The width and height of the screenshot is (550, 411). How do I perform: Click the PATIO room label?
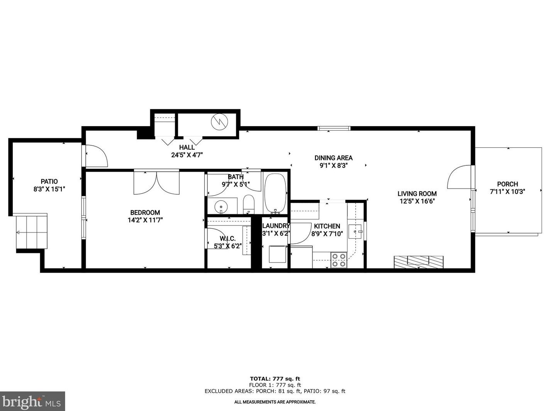(49, 182)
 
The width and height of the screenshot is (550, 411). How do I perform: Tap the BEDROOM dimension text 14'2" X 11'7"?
(145, 220)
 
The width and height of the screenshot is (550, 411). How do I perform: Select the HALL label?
(187, 147)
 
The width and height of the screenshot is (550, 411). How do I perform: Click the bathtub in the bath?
(275, 193)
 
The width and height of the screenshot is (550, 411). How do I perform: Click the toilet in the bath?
(249, 204)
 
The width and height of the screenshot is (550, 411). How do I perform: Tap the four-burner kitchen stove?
(339, 260)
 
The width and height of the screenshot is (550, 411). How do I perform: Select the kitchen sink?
(355, 231)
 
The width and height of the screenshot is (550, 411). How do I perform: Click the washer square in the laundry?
(277, 254)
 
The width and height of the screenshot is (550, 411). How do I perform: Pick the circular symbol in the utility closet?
(219, 122)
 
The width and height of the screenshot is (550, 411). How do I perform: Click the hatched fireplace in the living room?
(418, 262)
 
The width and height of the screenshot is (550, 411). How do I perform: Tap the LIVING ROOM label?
(417, 194)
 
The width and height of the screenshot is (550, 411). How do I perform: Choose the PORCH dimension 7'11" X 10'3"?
(507, 192)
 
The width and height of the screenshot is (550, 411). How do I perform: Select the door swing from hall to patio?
(96, 156)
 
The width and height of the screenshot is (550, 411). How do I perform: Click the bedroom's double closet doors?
(157, 182)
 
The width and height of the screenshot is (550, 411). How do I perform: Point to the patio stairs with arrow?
(31, 232)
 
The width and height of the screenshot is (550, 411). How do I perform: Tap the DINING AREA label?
(333, 158)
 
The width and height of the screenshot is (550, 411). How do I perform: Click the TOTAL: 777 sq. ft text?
(275, 379)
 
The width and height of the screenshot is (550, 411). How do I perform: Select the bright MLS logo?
(32, 401)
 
